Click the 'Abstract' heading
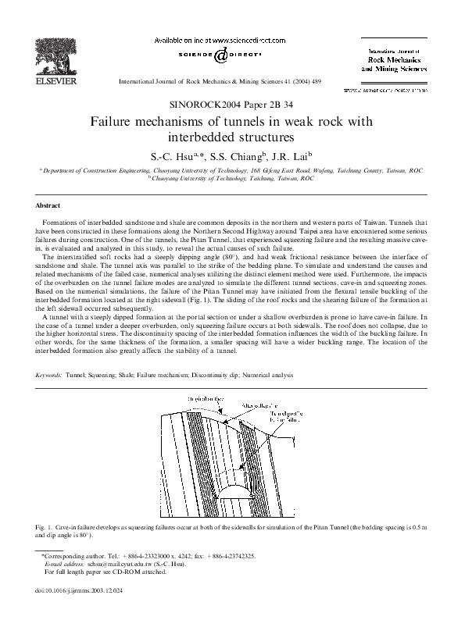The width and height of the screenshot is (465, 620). [47, 205]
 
